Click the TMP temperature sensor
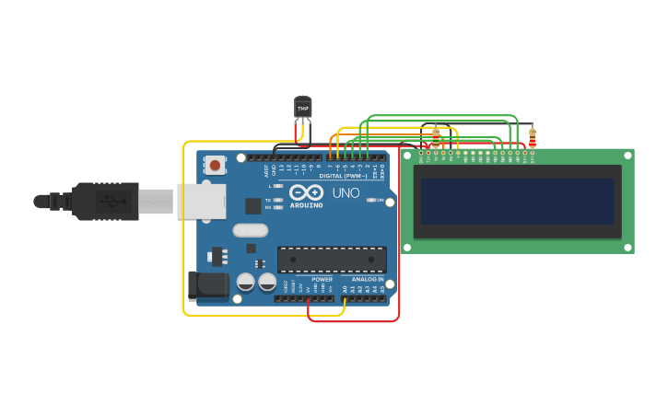pyautogui.click(x=302, y=108)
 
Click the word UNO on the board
pyautogui.click(x=346, y=193)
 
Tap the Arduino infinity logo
pyautogui.click(x=305, y=192)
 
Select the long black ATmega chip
pyautogui.click(x=332, y=259)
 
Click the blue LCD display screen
pyautogui.click(x=517, y=201)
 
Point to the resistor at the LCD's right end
pyautogui.click(x=532, y=138)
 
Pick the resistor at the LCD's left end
pyautogui.click(x=436, y=138)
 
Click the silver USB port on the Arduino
pyautogui.click(x=201, y=201)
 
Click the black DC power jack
pyautogui.click(x=208, y=285)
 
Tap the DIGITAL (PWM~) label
pyautogui.click(x=342, y=175)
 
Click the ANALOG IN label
pyautogui.click(x=367, y=279)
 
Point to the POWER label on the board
pyautogui.click(x=322, y=279)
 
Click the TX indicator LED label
pyautogui.click(x=268, y=200)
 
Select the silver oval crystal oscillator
pyautogui.click(x=250, y=230)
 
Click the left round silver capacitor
pyautogui.click(x=246, y=282)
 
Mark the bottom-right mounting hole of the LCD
pyautogui.click(x=628, y=247)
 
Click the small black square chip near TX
pyautogui.click(x=252, y=206)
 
